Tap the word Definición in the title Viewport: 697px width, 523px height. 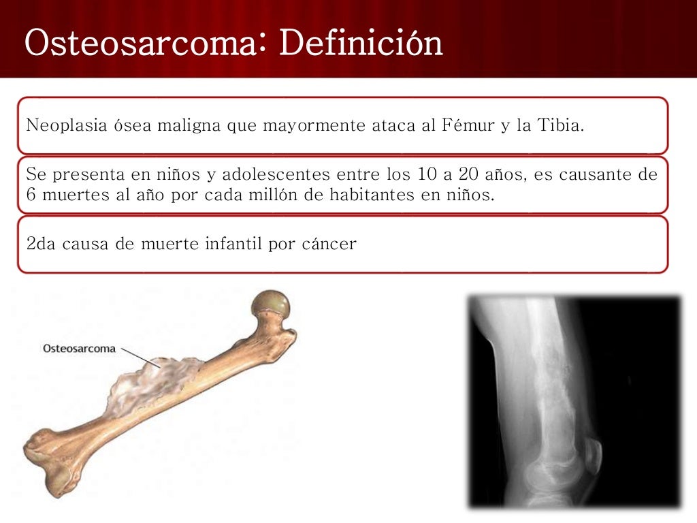[x=360, y=43]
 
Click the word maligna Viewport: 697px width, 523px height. [x=189, y=126]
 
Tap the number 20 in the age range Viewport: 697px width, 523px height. [x=466, y=175]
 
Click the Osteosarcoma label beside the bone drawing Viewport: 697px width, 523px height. [x=79, y=349]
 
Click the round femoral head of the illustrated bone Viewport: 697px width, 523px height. [x=270, y=306]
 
